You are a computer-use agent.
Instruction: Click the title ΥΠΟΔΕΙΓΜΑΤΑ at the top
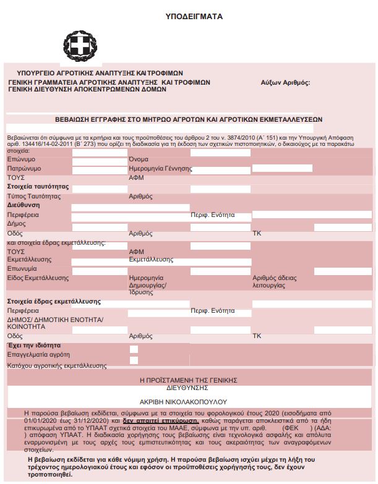pyautogui.click(x=194, y=17)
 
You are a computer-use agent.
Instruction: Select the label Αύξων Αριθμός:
pyautogui.click(x=285, y=82)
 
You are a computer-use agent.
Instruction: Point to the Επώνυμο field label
pyautogui.click(x=21, y=159)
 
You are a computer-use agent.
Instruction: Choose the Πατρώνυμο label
pyautogui.click(x=24, y=168)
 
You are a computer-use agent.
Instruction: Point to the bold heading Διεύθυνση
pyautogui.click(x=24, y=205)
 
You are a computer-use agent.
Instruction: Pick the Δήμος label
pyautogui.click(x=17, y=224)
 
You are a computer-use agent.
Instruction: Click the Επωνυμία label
pyautogui.click(x=22, y=270)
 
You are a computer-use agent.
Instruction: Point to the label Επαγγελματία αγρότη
pyautogui.click(x=38, y=355)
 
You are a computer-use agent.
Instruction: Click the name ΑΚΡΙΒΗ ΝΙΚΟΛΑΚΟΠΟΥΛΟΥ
pyautogui.click(x=193, y=401)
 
